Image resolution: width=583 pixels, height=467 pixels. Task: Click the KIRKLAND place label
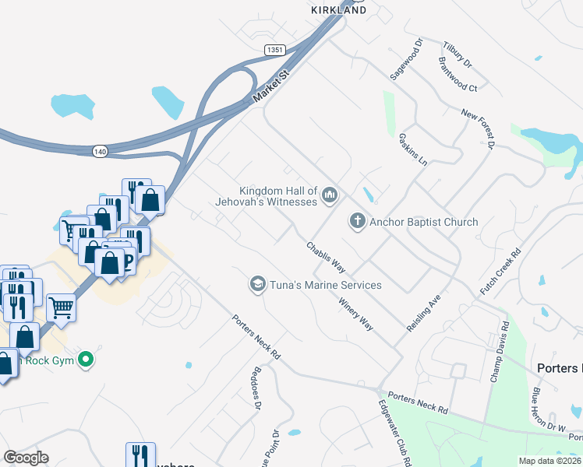tap(338, 10)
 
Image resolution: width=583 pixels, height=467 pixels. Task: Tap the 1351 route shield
tap(274, 50)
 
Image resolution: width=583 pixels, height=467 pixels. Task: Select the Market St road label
tap(270, 86)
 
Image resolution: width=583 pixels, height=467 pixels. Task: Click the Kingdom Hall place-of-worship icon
tap(329, 194)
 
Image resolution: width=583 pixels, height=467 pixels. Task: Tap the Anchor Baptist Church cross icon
tap(358, 222)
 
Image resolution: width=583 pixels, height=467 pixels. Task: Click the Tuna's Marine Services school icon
tap(256, 285)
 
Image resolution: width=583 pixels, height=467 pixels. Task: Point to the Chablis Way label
tap(326, 256)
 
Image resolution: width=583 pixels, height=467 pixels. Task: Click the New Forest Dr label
tap(478, 128)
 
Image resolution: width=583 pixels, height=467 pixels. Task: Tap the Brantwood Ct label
tap(458, 74)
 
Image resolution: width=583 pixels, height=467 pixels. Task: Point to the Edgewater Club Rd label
tap(394, 433)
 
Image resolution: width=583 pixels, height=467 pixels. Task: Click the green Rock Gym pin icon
tap(87, 360)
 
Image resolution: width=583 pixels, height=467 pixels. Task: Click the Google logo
tap(26, 458)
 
